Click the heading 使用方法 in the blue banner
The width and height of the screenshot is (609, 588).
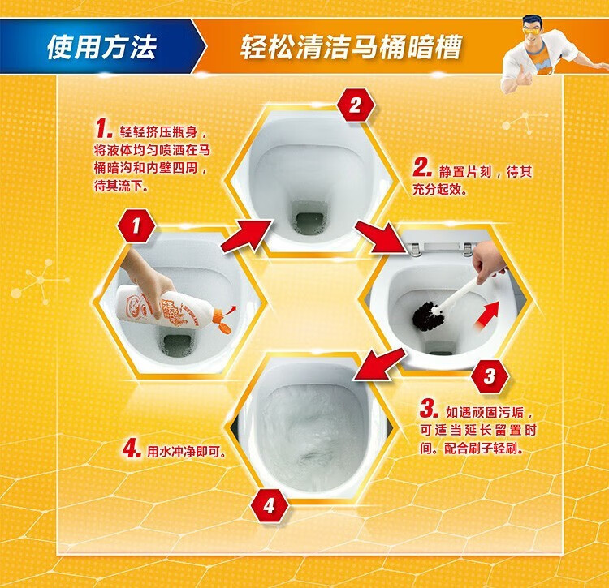tap(101, 47)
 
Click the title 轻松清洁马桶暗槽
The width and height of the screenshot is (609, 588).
tap(352, 47)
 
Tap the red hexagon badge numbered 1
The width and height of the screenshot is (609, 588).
tap(136, 225)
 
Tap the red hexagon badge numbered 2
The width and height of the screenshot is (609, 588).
tap(356, 105)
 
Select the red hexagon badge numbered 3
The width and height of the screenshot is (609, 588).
tap(490, 376)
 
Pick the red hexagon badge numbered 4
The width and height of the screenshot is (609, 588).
tap(269, 505)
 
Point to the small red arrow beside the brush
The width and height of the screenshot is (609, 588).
tap(486, 314)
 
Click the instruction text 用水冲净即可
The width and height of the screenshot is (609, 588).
tap(187, 452)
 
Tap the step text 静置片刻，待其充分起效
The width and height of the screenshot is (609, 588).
tap(477, 180)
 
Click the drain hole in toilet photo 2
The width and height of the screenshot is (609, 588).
tap(309, 220)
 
